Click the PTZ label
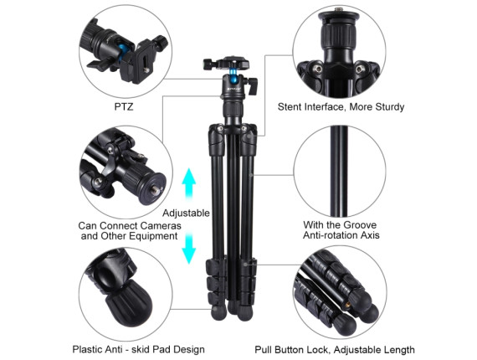point(124,107)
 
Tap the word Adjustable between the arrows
point(186,213)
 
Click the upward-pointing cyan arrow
point(188,185)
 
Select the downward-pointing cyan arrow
point(188,248)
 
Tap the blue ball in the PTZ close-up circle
point(124,51)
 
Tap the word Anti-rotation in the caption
point(331,235)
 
